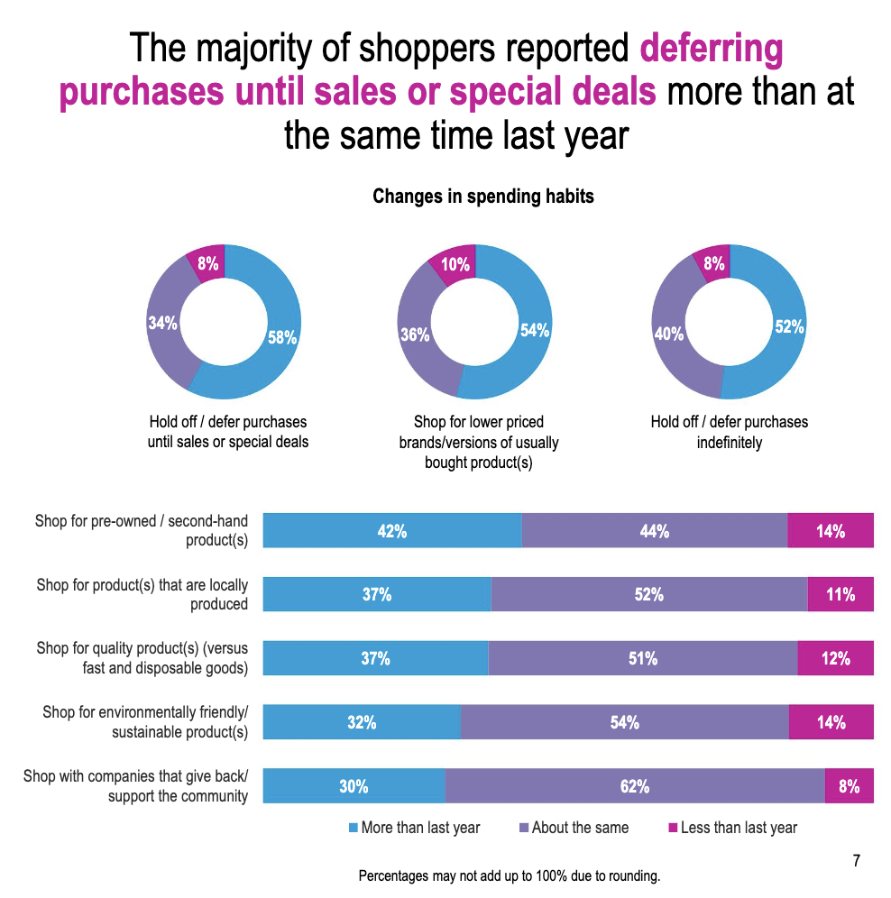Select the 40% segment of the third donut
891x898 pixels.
(x=669, y=334)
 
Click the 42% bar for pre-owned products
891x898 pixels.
(x=391, y=530)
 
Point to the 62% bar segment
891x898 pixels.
(x=634, y=786)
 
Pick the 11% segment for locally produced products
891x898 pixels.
(x=840, y=595)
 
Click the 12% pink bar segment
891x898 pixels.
(x=835, y=658)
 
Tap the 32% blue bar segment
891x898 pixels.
(x=361, y=722)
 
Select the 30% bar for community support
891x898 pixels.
(x=354, y=786)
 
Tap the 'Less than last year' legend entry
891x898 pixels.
(x=732, y=828)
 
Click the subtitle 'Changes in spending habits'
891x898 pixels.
(x=483, y=196)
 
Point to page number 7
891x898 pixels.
(x=856, y=860)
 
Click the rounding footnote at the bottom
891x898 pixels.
(x=510, y=875)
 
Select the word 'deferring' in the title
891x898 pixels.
(x=711, y=49)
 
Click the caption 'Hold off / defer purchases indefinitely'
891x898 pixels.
(x=729, y=432)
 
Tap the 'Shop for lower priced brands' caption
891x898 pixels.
(x=478, y=442)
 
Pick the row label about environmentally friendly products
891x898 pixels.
(x=145, y=721)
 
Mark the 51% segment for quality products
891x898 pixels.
(x=642, y=658)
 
